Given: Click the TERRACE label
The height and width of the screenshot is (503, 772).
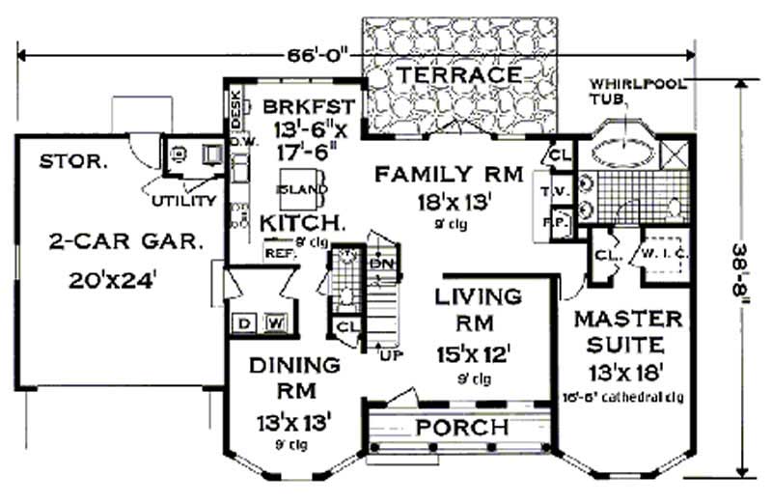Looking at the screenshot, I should click(459, 74).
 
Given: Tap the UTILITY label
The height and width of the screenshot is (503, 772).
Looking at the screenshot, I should click(183, 201).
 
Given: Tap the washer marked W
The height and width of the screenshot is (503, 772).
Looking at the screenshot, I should click(273, 321).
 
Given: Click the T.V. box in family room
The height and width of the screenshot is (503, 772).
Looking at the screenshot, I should click(559, 190).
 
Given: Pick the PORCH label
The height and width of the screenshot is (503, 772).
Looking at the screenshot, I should click(461, 427).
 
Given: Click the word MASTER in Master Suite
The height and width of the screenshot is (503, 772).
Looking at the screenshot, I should click(627, 319).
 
